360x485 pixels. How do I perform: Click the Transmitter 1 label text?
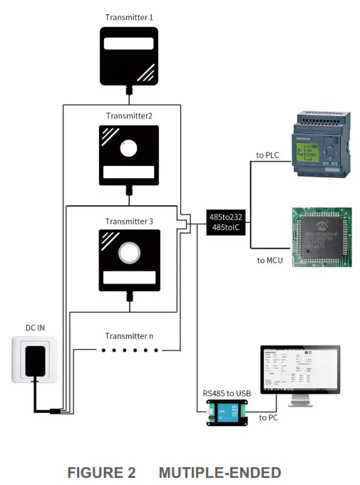coord(129,16)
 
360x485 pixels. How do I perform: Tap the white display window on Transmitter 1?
coord(128,44)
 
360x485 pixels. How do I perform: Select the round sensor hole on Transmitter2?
coord(128,150)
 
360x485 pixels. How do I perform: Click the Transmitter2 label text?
coord(129,115)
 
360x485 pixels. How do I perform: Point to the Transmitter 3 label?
coord(129,221)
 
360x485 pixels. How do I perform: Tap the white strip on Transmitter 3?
coord(128,277)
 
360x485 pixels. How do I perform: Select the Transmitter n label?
coord(129,336)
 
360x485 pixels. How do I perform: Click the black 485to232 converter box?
coord(226,221)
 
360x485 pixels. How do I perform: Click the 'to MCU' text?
coord(269,261)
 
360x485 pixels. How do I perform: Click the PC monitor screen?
coord(299,368)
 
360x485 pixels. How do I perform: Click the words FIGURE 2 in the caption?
coord(101,472)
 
